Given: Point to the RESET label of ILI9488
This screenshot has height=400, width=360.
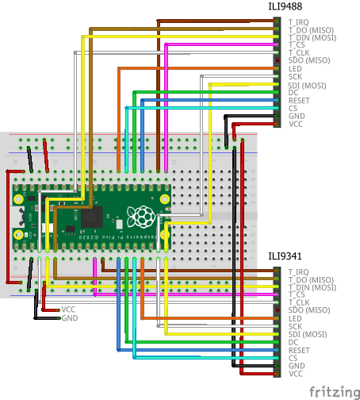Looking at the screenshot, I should [299, 101].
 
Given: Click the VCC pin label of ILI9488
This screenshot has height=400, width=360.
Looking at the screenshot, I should [296, 125].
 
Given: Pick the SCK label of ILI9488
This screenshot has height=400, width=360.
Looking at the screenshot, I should [295, 77].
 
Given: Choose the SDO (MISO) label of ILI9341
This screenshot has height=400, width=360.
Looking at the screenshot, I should [309, 310].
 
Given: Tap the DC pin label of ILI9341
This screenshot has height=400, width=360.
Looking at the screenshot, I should [293, 342].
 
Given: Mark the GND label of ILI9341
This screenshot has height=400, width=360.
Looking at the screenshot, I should [296, 366].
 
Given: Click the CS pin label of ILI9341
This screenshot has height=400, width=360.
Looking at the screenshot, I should [293, 358].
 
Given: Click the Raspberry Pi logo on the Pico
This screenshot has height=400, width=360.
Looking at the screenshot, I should [144, 214].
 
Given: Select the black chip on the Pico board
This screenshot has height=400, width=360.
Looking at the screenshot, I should [94, 216].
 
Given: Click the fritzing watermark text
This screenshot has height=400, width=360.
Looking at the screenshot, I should [331, 391].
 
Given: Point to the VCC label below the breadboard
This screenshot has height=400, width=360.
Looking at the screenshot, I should [69, 310].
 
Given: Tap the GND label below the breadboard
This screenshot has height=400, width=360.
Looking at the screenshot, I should [69, 318].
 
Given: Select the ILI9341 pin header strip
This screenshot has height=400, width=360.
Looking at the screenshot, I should [277, 322].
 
